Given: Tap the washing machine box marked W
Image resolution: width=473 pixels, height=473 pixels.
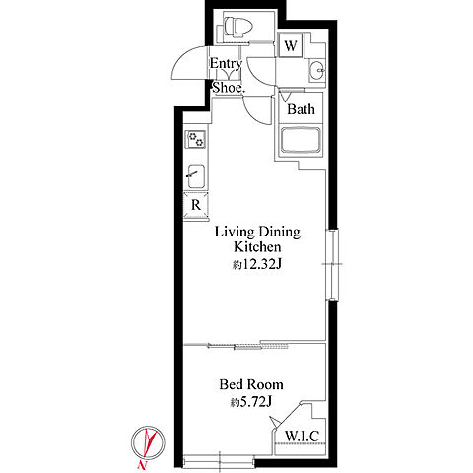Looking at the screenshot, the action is (x=291, y=45).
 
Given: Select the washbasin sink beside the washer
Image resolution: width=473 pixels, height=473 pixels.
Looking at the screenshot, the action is (x=316, y=70).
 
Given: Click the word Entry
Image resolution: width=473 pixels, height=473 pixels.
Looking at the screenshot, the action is (x=226, y=64).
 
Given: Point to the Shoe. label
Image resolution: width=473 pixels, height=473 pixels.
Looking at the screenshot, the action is (x=228, y=88).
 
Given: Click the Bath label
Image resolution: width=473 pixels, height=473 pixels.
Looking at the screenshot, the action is (x=301, y=109).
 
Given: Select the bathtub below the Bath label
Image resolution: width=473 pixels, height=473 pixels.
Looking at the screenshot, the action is (x=301, y=140).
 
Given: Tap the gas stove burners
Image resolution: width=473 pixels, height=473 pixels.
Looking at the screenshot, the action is (x=196, y=139).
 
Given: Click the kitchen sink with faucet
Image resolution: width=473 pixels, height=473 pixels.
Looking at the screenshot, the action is (x=196, y=176).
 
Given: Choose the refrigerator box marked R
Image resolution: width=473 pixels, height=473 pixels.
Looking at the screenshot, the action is (x=196, y=205).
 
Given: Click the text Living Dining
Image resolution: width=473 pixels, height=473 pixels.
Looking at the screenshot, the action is (x=257, y=232).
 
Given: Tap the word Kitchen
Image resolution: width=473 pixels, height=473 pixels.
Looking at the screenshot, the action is (x=257, y=247).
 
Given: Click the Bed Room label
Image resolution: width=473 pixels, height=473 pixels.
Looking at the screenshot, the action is (x=251, y=384).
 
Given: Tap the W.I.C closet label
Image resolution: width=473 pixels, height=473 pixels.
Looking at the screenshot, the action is (x=302, y=436).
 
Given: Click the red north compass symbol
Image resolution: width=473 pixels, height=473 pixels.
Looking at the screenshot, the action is (x=148, y=442).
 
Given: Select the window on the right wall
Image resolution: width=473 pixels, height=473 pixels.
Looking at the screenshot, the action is (x=333, y=264).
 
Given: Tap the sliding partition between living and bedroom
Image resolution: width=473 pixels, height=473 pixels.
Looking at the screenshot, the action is (x=236, y=345).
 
